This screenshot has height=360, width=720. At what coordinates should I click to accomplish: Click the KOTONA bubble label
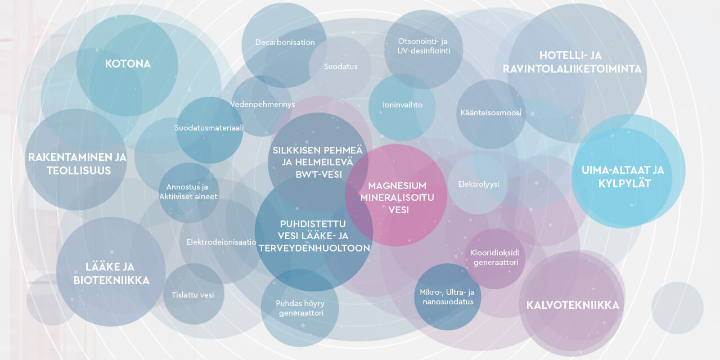click(128, 64)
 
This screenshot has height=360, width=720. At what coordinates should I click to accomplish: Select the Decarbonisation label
click(285, 42)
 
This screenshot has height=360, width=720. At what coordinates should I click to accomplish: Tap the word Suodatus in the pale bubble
click(341, 66)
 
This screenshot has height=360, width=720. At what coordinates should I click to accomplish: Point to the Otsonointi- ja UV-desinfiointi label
click(424, 46)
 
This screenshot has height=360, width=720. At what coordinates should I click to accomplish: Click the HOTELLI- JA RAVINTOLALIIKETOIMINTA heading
click(572, 62)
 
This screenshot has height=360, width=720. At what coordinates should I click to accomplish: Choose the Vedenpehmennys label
click(263, 104)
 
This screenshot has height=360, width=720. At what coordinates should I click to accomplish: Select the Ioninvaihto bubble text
click(402, 105)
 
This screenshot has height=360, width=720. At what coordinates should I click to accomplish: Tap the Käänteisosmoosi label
click(491, 113)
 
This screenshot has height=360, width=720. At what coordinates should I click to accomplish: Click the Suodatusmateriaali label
click(209, 128)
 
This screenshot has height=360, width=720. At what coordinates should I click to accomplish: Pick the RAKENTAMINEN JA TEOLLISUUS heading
click(78, 164)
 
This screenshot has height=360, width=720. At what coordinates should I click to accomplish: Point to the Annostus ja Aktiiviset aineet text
click(188, 192)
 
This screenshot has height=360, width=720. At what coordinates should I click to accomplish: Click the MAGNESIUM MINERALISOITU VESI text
click(397, 197)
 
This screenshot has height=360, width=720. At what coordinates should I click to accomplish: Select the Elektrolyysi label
click(478, 184)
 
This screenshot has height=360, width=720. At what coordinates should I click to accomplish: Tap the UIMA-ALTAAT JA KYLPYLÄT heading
click(623, 177)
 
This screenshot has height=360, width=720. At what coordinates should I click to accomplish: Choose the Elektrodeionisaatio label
click(222, 242)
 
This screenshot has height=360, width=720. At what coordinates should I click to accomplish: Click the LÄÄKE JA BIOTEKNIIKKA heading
click(111, 273)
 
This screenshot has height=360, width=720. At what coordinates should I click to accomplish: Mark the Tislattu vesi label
click(192, 295)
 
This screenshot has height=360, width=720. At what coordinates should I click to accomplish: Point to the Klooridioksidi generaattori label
click(495, 258)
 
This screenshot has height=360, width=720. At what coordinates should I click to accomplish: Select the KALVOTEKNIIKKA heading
click(573, 305)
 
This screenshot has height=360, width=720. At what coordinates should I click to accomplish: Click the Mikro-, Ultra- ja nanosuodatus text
click(447, 297)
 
